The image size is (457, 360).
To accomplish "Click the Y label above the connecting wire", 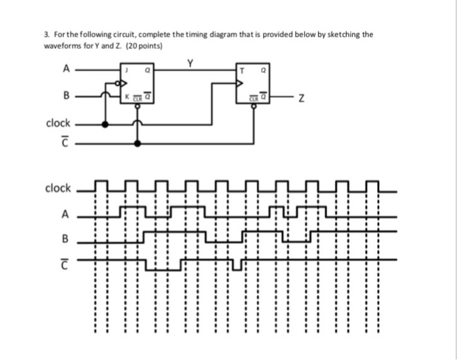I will tap(190, 63).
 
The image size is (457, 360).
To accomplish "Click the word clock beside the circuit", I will tap(57, 123).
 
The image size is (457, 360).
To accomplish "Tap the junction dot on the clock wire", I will tap(105, 123).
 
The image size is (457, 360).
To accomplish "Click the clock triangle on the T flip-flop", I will tap(240, 83).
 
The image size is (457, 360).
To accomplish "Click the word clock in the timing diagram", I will tap(57, 188).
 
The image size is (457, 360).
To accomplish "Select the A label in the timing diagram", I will tap(65, 213).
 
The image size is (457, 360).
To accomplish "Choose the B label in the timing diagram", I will tap(65, 237).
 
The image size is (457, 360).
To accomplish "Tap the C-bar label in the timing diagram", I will tap(65, 261).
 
